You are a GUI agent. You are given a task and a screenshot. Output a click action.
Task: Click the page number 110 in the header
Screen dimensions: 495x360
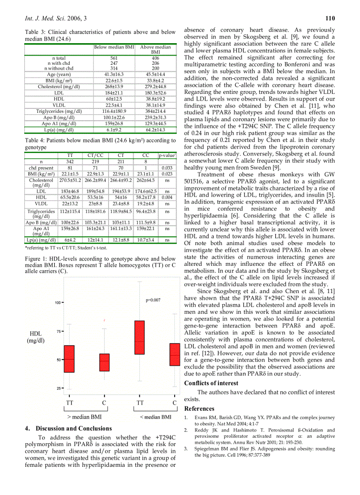(330, 18)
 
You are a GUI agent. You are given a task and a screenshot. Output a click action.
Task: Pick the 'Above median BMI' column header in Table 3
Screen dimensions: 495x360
(155, 49)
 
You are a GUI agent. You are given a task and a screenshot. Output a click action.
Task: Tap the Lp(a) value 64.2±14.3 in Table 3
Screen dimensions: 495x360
(155, 130)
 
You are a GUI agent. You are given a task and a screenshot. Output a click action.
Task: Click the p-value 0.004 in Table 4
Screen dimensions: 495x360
(167, 197)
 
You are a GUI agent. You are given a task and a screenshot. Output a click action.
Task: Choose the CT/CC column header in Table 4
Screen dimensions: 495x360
(95, 155)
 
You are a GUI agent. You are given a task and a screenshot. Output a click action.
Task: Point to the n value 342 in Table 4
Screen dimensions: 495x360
(70, 162)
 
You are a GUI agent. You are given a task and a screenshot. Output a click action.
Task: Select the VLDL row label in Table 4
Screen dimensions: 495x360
(41, 204)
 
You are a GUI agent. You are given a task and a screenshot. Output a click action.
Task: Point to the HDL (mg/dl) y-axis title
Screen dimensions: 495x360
(35, 337)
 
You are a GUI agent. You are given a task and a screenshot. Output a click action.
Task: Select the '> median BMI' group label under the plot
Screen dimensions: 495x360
(84, 417)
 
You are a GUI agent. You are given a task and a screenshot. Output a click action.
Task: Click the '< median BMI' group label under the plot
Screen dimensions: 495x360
(156, 417)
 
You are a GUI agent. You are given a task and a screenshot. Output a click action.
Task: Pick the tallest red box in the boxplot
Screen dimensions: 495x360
(139, 338)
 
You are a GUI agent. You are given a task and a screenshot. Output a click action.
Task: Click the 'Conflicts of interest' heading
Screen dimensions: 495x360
(211, 383)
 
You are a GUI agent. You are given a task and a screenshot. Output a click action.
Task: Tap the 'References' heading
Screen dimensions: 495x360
(199, 409)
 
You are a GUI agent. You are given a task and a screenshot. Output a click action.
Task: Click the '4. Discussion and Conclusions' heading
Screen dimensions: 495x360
(68, 428)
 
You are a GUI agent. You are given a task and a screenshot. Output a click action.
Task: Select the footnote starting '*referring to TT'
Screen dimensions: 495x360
(66, 248)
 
